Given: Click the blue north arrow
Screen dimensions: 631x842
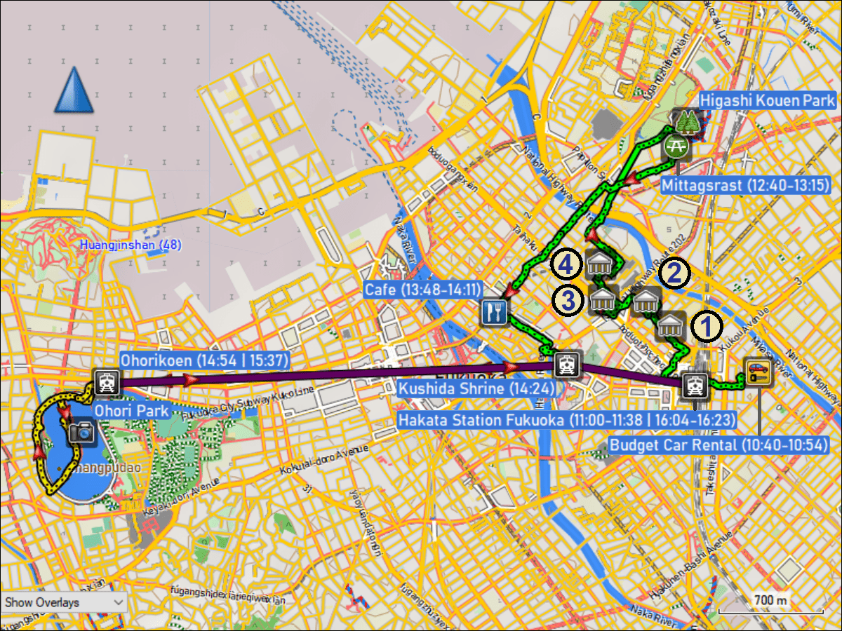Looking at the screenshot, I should tap(74, 90).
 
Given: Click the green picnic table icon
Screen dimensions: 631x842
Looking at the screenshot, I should tap(676, 145).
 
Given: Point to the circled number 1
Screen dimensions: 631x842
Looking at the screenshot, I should tap(707, 327).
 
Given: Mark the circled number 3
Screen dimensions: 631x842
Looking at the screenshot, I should tap(567, 301).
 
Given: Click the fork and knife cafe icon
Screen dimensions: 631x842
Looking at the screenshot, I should tap(495, 312).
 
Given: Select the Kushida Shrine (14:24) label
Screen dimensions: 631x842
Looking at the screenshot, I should tap(477, 388).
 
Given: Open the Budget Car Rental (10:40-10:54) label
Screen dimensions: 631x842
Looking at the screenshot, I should tap(720, 445).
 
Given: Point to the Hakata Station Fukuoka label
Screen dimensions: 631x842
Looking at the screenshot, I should tap(567, 420).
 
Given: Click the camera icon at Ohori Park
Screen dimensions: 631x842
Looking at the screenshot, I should tap(82, 431).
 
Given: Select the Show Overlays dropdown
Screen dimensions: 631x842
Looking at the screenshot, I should tap(65, 602).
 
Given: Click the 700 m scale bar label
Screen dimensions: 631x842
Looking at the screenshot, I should tap(770, 601).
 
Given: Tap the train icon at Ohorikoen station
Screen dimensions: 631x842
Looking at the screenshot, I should tap(107, 382).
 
